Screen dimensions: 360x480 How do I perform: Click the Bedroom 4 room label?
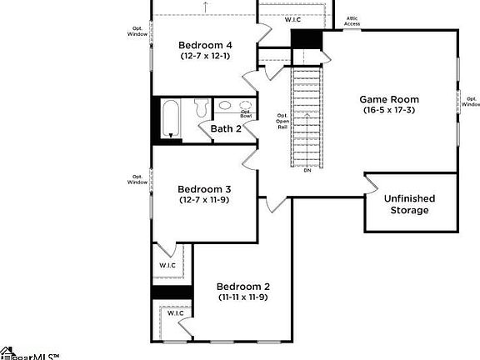(x=206, y=44)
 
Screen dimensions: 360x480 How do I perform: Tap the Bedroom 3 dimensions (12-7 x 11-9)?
(x=205, y=200)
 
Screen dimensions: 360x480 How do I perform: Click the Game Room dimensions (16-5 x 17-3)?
(x=389, y=110)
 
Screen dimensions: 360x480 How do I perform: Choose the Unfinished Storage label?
(x=409, y=204)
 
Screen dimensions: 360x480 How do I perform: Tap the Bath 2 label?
(x=225, y=129)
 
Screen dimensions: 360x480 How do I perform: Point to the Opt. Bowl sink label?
(x=246, y=112)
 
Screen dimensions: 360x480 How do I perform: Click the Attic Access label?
(x=352, y=22)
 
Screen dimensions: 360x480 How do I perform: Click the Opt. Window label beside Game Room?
(x=471, y=101)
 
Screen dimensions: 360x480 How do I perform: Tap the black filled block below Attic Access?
(x=306, y=39)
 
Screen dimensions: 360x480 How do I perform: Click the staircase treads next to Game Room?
(x=307, y=117)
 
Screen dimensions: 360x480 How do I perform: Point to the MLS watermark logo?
(x=28, y=354)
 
